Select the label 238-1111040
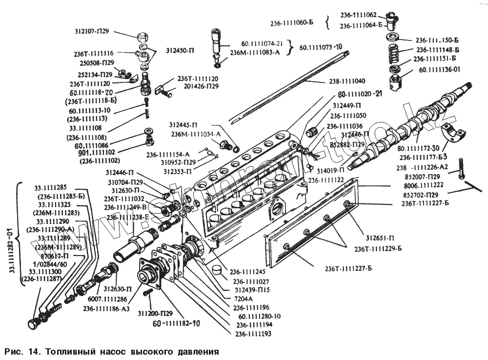347,80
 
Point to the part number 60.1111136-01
439,70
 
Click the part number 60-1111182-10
176,323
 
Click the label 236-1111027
251,281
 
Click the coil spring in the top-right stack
394,52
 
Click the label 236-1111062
358,15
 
